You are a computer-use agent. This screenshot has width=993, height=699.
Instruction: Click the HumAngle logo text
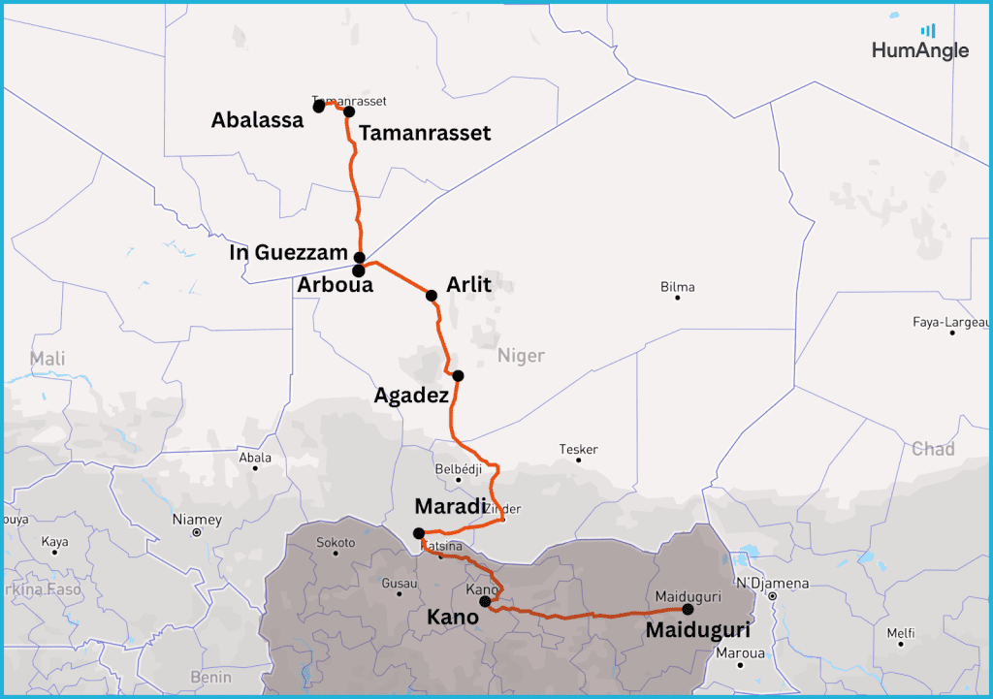tap(919, 50)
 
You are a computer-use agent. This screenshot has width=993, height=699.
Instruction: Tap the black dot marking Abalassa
tap(319, 107)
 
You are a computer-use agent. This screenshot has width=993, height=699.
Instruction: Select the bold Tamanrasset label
tap(425, 133)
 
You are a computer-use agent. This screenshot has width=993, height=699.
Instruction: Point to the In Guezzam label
tap(288, 253)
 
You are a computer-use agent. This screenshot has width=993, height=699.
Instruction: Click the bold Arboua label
tap(335, 285)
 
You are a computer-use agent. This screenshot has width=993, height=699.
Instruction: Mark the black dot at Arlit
tap(432, 295)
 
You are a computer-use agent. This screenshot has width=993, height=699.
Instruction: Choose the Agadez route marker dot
tap(458, 375)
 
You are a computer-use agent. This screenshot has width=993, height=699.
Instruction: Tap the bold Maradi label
tap(450, 506)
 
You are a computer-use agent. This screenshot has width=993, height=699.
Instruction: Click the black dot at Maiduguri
tap(688, 609)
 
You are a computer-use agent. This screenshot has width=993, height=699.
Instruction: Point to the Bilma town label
tap(678, 287)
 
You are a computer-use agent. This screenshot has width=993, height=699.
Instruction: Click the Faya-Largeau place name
tap(951, 322)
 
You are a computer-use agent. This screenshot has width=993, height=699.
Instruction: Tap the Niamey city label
tap(197, 520)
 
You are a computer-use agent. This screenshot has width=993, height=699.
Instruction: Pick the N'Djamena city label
tap(772, 584)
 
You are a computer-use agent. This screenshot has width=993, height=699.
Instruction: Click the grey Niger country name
tap(521, 356)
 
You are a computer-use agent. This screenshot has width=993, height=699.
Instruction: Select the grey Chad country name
tap(933, 449)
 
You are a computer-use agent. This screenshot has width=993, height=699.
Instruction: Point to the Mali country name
tap(48, 360)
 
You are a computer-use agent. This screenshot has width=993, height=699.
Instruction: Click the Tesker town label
tap(579, 450)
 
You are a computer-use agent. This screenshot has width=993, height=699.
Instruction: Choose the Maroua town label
tap(740, 652)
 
